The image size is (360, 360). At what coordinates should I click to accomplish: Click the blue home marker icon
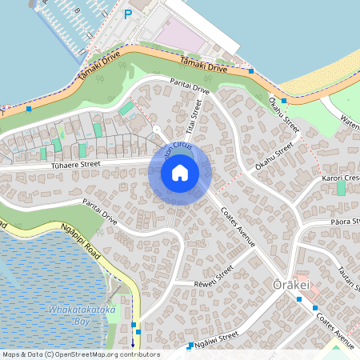[180, 172]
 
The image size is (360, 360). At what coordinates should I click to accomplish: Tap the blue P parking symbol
[128, 14]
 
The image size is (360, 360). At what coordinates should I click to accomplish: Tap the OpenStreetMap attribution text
[80, 354]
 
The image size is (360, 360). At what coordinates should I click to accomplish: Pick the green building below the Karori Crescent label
[341, 188]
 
